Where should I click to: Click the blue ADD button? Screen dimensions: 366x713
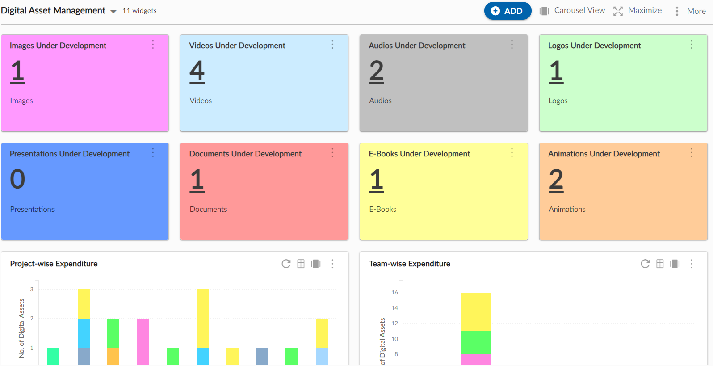click(507, 11)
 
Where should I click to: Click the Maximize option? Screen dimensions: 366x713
click(638, 11)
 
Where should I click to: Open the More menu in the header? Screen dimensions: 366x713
click(691, 11)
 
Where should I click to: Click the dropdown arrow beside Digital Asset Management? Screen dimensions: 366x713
click(113, 12)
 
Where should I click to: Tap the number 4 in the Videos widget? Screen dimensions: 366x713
click(197, 72)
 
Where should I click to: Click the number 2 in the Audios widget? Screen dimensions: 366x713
click(377, 72)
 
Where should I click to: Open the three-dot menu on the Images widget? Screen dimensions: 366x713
click(153, 45)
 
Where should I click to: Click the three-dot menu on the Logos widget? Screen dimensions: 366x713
click(691, 45)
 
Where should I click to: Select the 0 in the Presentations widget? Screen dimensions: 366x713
click(17, 179)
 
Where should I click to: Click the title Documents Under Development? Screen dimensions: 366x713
click(245, 154)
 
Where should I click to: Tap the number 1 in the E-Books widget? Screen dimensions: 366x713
click(377, 180)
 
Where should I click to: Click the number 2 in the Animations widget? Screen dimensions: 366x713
click(556, 180)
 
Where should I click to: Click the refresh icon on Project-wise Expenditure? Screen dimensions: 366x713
click(286, 264)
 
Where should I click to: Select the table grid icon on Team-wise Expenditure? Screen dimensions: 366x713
click(660, 264)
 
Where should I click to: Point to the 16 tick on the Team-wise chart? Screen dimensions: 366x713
click(394, 293)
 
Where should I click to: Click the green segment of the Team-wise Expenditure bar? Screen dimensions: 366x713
click(476, 342)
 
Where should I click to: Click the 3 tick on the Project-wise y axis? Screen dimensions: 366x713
click(32, 289)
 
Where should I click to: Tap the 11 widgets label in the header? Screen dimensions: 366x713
click(139, 11)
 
